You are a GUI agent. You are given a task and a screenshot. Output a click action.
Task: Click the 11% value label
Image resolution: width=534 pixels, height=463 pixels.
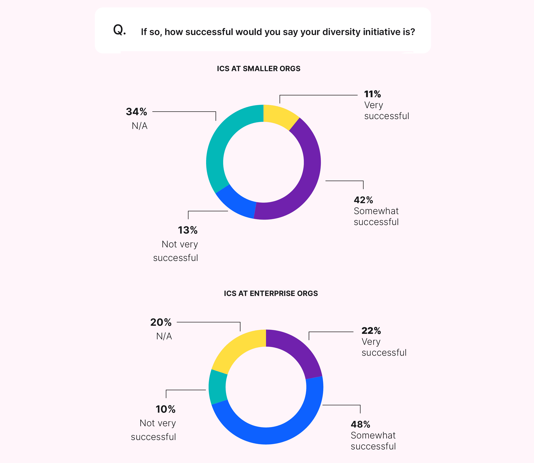(x=372, y=94)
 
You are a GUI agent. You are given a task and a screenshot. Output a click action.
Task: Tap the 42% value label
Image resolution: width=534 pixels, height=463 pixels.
(x=363, y=200)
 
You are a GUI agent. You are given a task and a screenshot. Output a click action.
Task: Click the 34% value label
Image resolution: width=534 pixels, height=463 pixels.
(x=136, y=112)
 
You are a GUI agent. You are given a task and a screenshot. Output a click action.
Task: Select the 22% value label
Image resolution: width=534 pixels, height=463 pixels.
(x=371, y=331)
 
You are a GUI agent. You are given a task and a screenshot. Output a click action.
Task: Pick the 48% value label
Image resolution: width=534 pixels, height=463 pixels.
(x=360, y=424)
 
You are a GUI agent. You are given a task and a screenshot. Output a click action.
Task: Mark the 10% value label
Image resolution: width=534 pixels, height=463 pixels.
(x=165, y=409)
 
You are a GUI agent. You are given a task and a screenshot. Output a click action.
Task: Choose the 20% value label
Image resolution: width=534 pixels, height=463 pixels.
(x=161, y=322)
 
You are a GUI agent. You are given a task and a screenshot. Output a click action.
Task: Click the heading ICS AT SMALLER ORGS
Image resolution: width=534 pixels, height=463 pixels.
(x=259, y=69)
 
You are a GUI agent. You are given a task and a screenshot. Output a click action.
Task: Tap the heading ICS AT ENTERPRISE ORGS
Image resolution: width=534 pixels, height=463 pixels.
(x=271, y=293)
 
